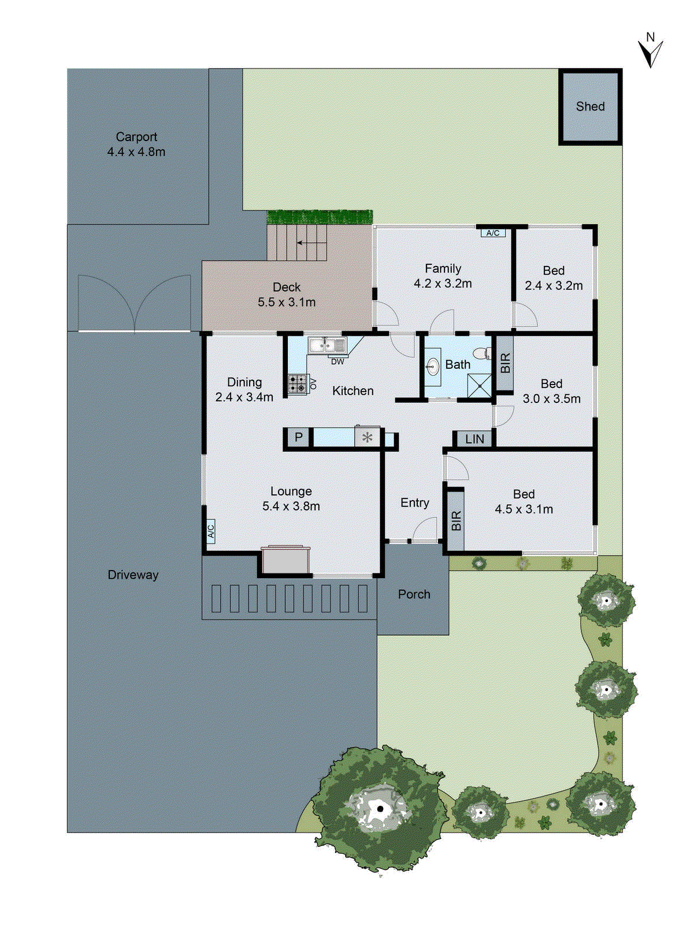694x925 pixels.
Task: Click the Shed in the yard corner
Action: tap(590, 107)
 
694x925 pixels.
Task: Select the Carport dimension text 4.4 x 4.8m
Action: tap(136, 152)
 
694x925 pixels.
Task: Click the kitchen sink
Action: tap(326, 346)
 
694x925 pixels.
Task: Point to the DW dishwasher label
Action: tap(337, 362)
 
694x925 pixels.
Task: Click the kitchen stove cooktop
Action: tap(298, 384)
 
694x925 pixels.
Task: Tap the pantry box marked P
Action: tap(299, 437)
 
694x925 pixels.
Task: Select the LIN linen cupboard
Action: tap(474, 439)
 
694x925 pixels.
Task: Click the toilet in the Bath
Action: tap(481, 353)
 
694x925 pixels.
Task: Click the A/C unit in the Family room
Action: tap(493, 233)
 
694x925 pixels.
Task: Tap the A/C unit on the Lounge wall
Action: tap(211, 530)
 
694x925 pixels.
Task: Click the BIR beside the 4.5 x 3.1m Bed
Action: tap(456, 520)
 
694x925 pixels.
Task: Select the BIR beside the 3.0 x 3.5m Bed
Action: tap(505, 363)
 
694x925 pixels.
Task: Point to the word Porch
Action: tap(414, 594)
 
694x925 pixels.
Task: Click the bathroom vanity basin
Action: tap(433, 366)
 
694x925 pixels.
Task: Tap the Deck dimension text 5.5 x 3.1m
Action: tap(287, 302)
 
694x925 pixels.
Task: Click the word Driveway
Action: tap(133, 575)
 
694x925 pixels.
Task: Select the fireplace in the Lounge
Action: tap(285, 560)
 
